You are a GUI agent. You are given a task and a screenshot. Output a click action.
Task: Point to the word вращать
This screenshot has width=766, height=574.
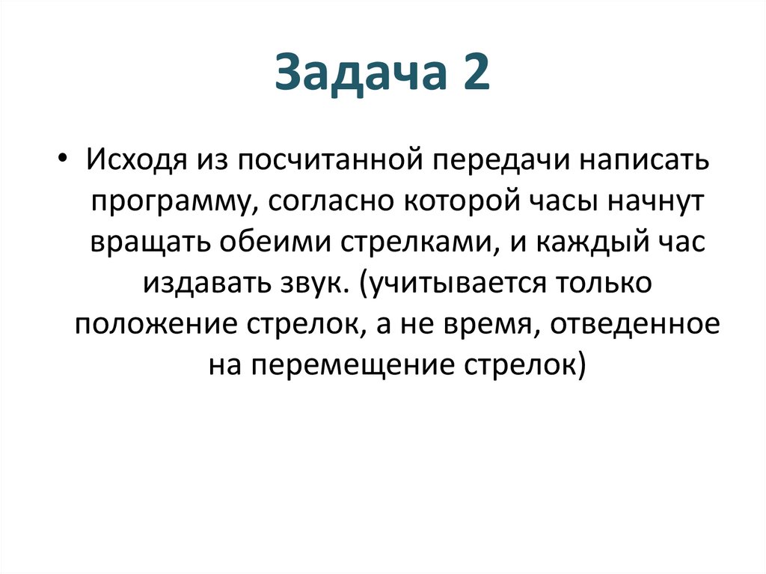coord(148,244)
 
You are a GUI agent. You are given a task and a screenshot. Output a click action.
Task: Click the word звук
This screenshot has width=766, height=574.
coord(310,285)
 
